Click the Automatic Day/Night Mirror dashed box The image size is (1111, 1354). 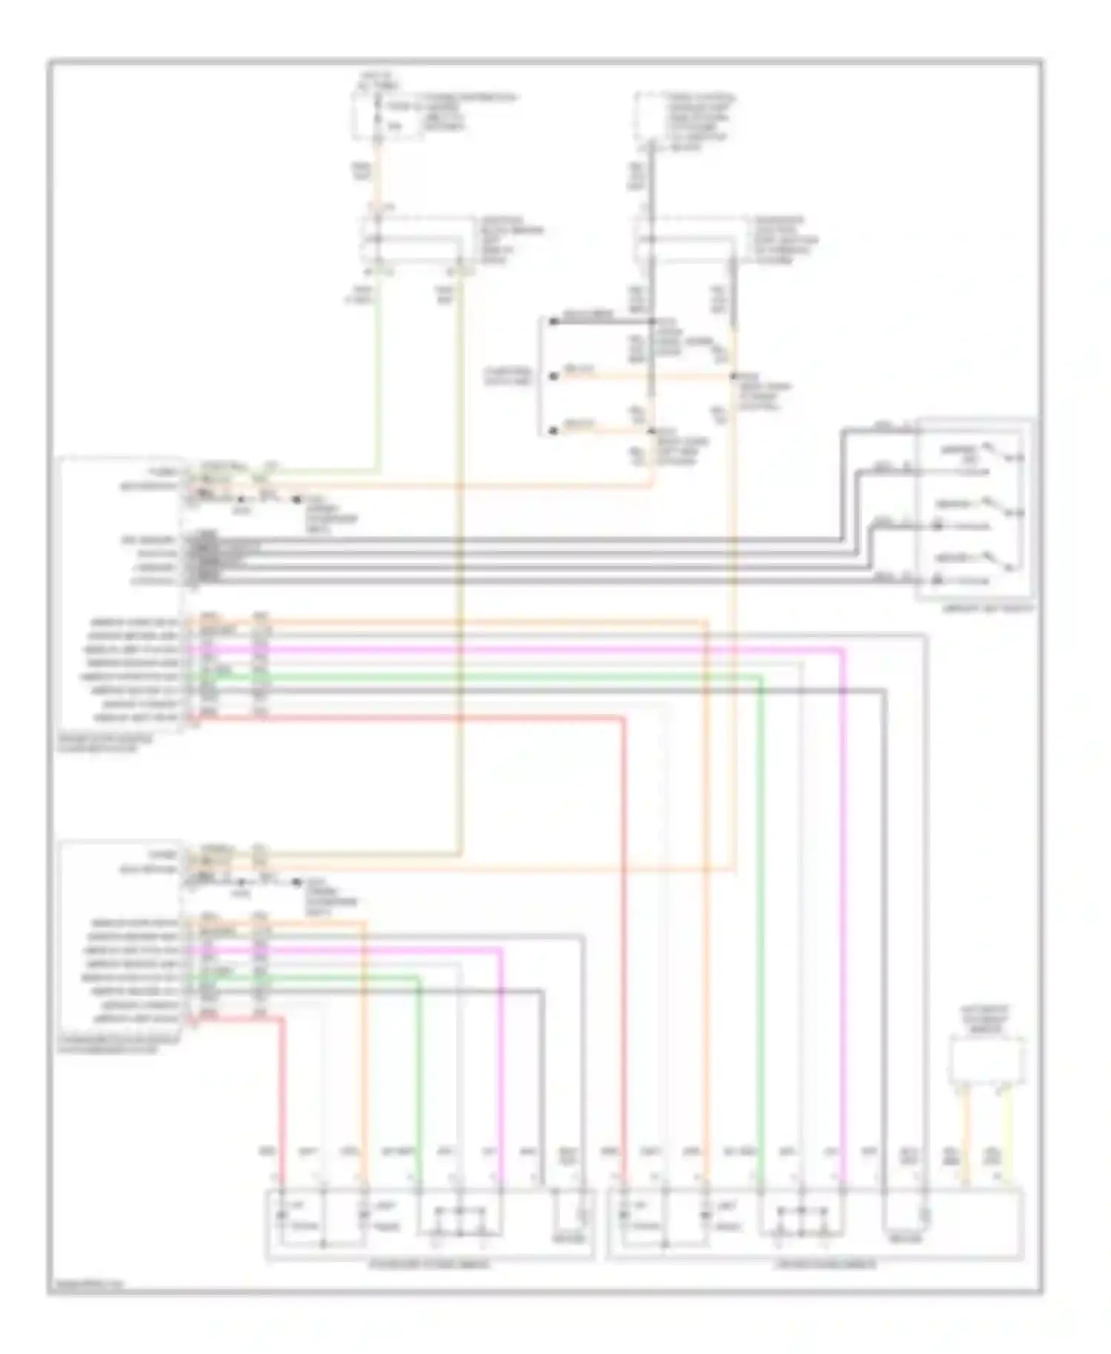pos(987,1060)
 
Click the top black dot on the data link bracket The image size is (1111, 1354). pos(553,321)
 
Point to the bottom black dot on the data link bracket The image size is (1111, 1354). pos(553,430)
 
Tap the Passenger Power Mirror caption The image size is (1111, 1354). pos(430,1264)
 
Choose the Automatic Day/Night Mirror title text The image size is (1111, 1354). pos(987,1020)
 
